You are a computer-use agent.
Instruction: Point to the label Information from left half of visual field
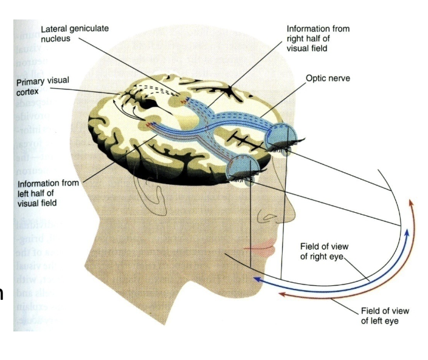[47, 193]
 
